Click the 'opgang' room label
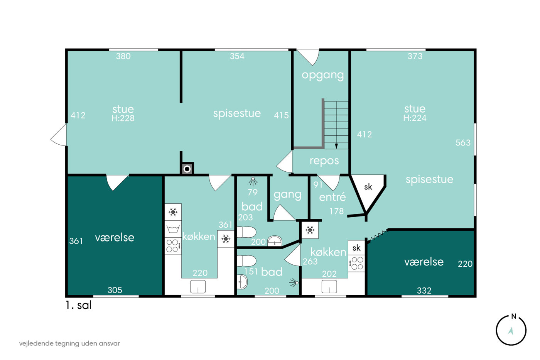(322, 76)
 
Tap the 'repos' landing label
(324, 161)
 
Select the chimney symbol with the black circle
(187, 169)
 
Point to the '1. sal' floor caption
(79, 305)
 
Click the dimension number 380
(123, 56)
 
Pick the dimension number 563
(463, 143)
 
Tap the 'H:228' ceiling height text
(123, 118)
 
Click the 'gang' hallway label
(287, 195)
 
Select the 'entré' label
(332, 197)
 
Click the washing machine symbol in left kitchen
(173, 229)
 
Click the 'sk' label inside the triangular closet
(368, 187)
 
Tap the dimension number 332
(424, 291)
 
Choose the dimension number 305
(115, 290)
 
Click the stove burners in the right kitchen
(356, 263)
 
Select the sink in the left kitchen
(198, 287)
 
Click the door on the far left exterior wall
(59, 135)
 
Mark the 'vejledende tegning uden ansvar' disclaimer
(69, 343)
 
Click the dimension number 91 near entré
(318, 185)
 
